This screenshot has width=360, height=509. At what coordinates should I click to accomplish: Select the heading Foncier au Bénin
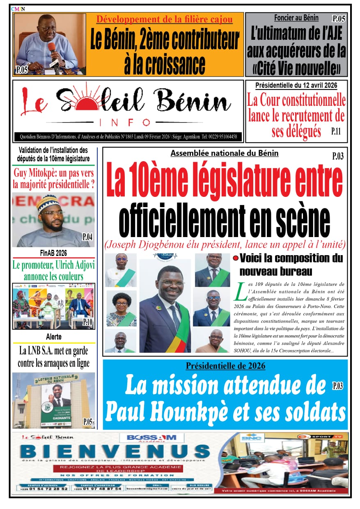[296, 18]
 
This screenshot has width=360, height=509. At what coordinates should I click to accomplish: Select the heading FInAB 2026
[53, 253]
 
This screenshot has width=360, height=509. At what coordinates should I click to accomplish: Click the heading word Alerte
[54, 337]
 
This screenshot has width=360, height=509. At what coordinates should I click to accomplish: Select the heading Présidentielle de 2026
[225, 366]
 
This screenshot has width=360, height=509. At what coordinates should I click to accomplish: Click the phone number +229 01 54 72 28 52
[43, 489]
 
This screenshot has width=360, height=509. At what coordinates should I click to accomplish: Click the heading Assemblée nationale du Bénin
[225, 153]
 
